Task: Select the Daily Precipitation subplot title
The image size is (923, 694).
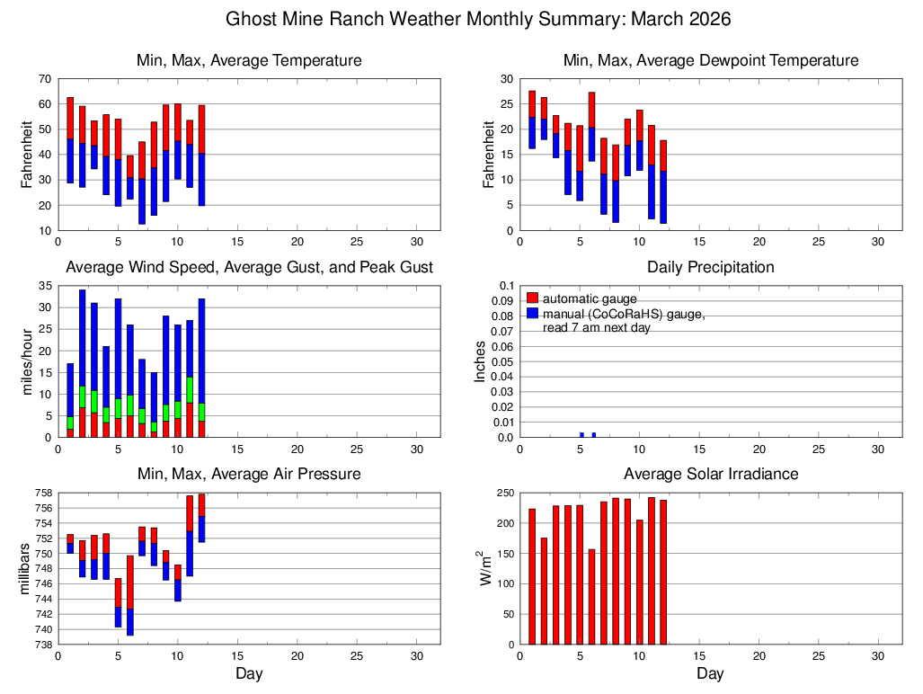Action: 710,267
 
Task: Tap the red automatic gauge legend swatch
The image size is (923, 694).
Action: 532,298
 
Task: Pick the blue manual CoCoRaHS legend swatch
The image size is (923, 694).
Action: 532,313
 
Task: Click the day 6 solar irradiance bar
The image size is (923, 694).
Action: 591,597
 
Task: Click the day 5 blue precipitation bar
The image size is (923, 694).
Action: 581,435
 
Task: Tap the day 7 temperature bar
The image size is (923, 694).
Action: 142,182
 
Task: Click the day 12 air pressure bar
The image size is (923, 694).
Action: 201,518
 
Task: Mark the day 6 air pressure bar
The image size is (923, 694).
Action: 130,595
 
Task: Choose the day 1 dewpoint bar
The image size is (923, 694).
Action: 532,120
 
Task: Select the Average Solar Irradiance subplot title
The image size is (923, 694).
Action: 710,474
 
